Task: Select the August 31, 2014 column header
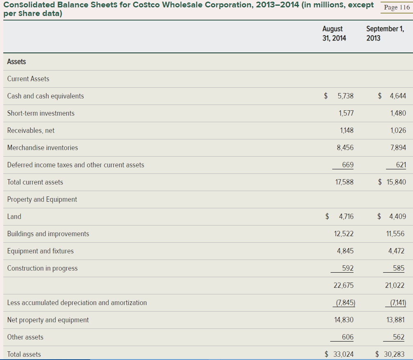coord(334,33)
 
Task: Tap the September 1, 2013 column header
coord(384,33)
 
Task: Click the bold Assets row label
coord(16,62)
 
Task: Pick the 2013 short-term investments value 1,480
coord(398,113)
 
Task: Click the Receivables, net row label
coord(31,130)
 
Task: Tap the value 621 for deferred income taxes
coord(401,165)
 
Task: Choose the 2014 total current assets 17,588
coord(344,182)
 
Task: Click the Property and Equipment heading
coord(42,199)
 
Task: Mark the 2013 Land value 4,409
coord(397,216)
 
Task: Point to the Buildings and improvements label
coord(48,234)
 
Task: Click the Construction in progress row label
coord(42,268)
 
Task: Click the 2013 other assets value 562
coord(399,337)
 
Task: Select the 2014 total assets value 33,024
coord(344,354)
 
